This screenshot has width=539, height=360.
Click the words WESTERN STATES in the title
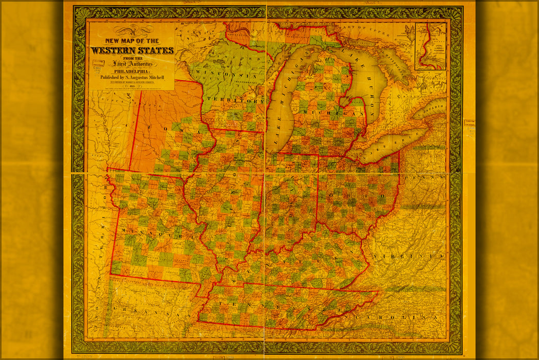click(x=132, y=50)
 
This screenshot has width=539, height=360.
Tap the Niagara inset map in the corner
click(x=431, y=46)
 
